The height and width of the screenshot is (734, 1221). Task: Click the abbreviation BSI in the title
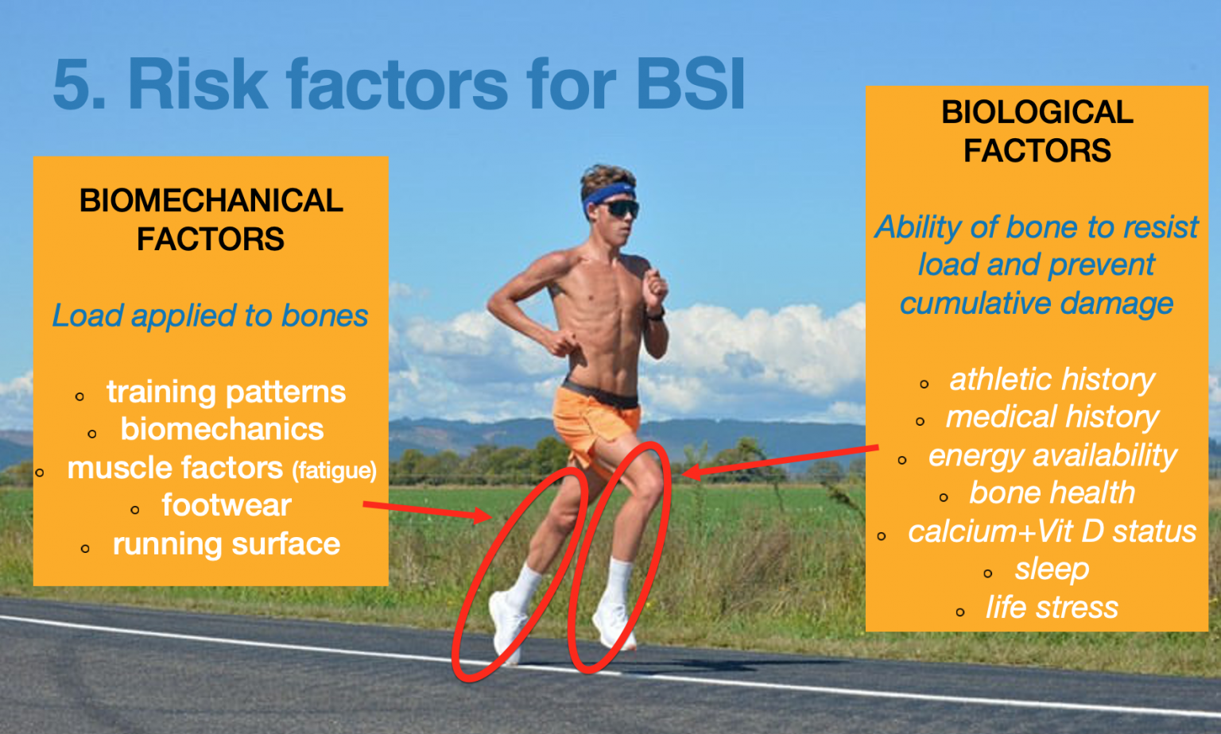coord(690,84)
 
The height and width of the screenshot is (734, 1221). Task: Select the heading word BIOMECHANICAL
coord(211,200)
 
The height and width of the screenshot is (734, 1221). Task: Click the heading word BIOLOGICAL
coord(1037,112)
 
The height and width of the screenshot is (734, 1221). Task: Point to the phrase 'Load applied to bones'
coord(211,316)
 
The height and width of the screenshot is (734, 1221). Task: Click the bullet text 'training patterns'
coord(227,392)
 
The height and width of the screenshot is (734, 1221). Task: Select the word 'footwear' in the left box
coord(227,505)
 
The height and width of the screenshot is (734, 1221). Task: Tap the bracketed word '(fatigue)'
coord(334,471)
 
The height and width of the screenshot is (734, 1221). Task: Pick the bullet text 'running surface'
coord(227,544)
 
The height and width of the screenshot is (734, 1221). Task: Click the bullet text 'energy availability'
coord(1052,455)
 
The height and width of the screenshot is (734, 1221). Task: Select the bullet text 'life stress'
coord(1052,607)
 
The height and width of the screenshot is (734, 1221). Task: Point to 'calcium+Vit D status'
coord(1052,531)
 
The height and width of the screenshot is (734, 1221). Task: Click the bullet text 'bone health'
coord(1052,493)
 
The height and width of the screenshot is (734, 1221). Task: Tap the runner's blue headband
coord(608,196)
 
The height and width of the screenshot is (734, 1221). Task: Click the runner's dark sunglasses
coord(620,209)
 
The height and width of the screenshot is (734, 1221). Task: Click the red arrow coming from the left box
coord(428,511)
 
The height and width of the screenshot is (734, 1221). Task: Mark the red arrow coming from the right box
coord(780,461)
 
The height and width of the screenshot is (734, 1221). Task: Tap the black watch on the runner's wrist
coord(656,315)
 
